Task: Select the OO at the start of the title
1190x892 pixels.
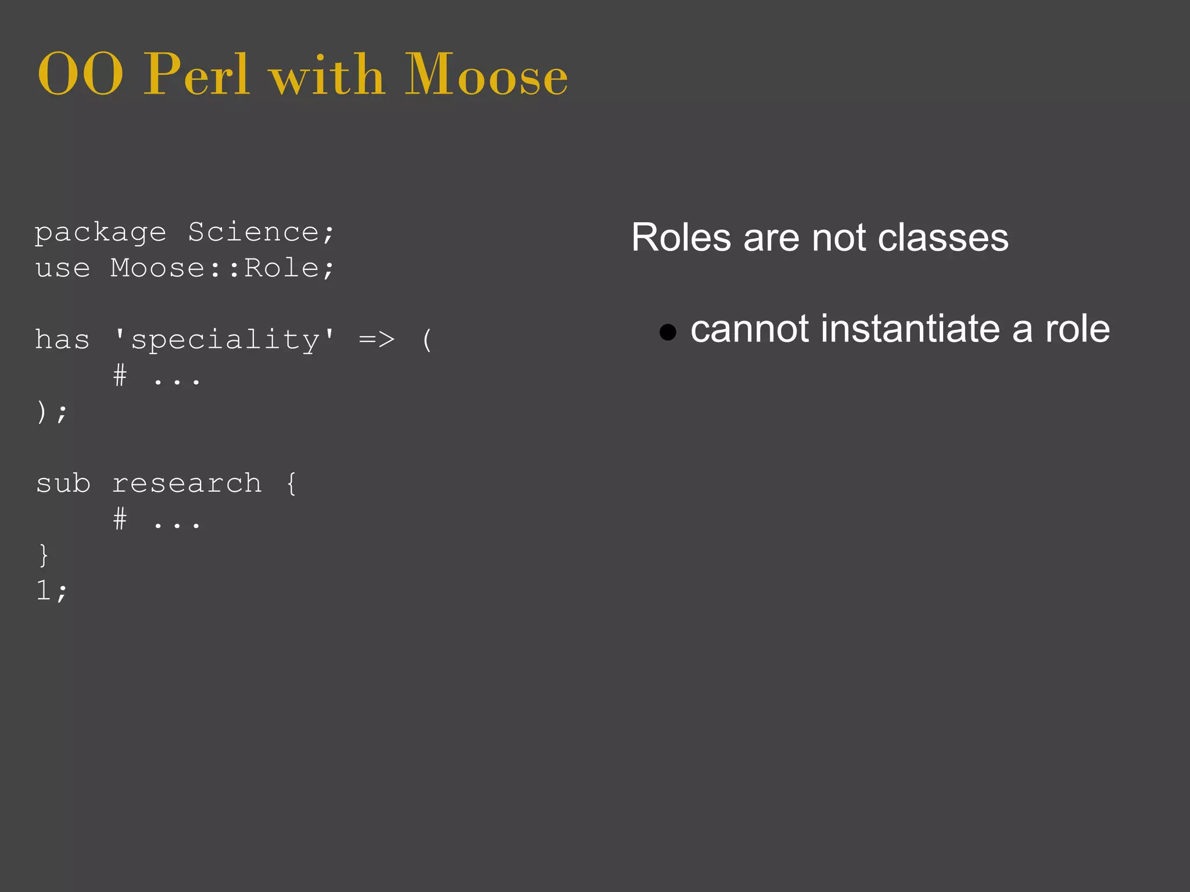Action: pos(80,75)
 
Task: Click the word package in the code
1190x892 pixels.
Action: pos(101,233)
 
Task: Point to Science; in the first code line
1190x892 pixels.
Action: pos(261,233)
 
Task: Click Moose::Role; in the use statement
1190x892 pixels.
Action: pos(223,268)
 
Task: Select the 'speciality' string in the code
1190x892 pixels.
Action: pos(225,340)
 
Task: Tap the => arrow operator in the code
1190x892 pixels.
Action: pos(377,340)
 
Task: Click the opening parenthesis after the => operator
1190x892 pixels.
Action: pos(427,340)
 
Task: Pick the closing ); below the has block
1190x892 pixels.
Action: pos(52,412)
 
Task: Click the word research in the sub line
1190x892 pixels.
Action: pos(187,484)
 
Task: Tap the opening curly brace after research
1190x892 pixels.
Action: pos(291,484)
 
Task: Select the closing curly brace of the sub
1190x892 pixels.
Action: pos(44,555)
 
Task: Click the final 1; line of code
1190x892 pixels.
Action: pos(52,591)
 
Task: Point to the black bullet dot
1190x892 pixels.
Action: pos(668,332)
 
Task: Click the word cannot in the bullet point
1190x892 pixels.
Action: pos(749,329)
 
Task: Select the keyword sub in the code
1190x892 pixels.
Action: pos(63,484)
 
